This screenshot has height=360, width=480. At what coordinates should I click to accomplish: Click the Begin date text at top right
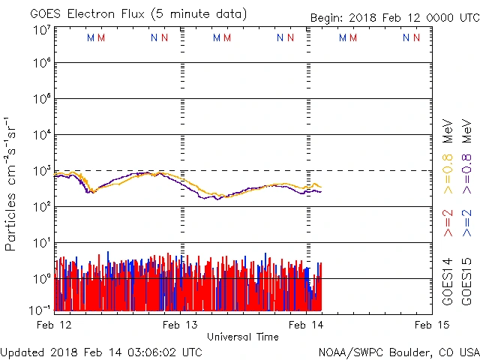[x=394, y=18]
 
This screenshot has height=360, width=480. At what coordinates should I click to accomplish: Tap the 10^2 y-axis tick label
[x=41, y=207]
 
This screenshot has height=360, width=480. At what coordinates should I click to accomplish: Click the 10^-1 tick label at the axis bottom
[x=40, y=310]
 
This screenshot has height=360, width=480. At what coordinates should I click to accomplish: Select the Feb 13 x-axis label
[x=181, y=324]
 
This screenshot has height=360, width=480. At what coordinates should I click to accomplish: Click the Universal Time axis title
[x=242, y=337]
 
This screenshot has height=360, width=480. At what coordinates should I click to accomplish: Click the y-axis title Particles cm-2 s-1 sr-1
[x=13, y=184]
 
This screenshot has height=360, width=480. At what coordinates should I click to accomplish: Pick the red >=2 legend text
[x=448, y=223]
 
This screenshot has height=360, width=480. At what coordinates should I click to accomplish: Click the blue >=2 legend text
[x=467, y=223]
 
